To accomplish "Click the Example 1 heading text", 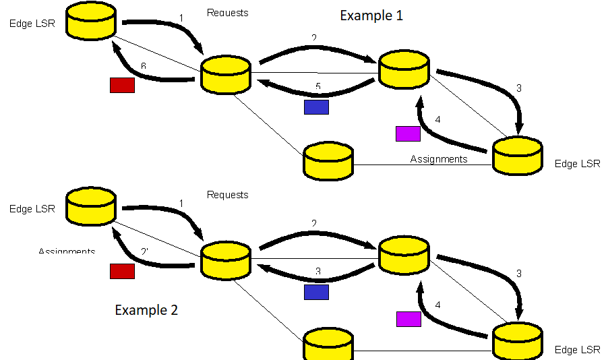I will (x=371, y=16).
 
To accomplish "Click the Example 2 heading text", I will (x=146, y=310).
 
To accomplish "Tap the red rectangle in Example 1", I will (x=122, y=85).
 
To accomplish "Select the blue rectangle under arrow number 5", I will (x=316, y=107).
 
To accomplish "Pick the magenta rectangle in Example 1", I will (x=408, y=133).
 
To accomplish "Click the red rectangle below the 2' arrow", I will (x=122, y=271).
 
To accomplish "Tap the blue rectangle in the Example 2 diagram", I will (x=316, y=292).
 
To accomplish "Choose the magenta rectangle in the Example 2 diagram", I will (x=408, y=319).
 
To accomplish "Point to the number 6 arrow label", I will (x=143, y=66).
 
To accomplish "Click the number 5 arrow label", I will (x=317, y=86).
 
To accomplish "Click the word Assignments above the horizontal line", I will (x=438, y=159).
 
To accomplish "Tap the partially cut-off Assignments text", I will (x=67, y=251).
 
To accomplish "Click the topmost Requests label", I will (x=227, y=13).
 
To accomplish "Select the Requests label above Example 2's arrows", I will (x=227, y=195).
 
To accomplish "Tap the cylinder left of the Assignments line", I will (x=328, y=160).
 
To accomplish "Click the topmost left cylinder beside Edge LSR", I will (x=92, y=22).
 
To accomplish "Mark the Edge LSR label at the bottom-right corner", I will (x=576, y=349).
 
